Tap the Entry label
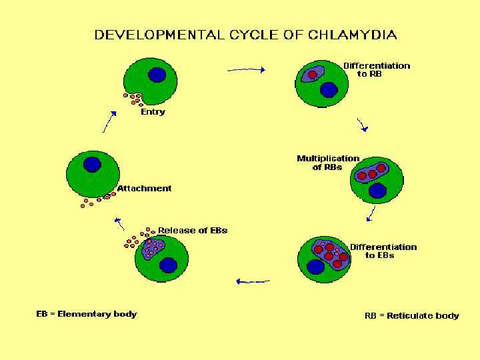click(x=153, y=112)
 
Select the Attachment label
click(x=144, y=189)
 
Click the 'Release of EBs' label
click(x=193, y=231)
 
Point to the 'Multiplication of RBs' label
click(x=327, y=163)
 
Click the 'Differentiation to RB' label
click(x=376, y=69)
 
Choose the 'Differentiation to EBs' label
click(x=383, y=251)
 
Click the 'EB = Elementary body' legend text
click(x=86, y=314)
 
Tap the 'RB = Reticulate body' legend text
click(x=411, y=316)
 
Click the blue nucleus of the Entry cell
click(x=157, y=75)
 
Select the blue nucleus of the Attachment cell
click(x=92, y=164)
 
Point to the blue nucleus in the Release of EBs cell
click(x=168, y=265)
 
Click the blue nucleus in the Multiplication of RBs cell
click(x=378, y=191)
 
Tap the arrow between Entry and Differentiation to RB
click(x=247, y=69)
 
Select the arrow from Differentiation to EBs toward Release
click(x=253, y=281)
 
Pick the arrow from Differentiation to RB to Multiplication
click(x=363, y=125)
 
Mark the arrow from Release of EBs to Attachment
click(x=119, y=223)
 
